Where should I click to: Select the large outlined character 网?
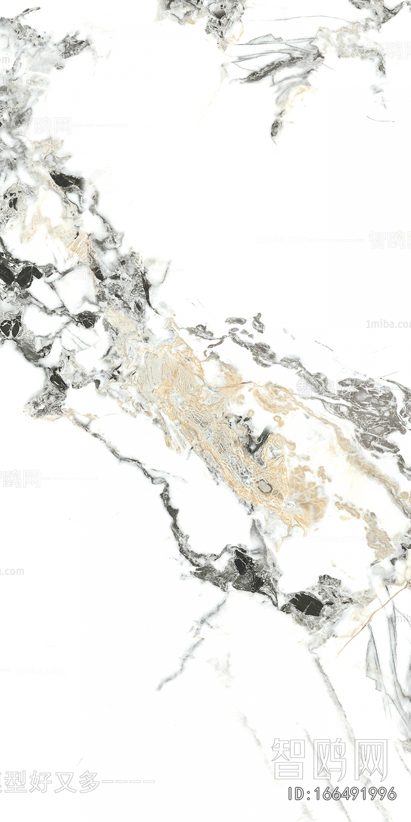(x=370, y=759)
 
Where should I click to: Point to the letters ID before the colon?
(x=295, y=793)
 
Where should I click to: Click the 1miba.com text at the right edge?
(x=388, y=324)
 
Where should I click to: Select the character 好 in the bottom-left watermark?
(x=41, y=781)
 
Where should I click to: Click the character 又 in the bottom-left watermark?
(x=64, y=781)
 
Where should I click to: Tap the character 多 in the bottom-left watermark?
(x=88, y=781)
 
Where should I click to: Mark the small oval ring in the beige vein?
(x=264, y=485)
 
